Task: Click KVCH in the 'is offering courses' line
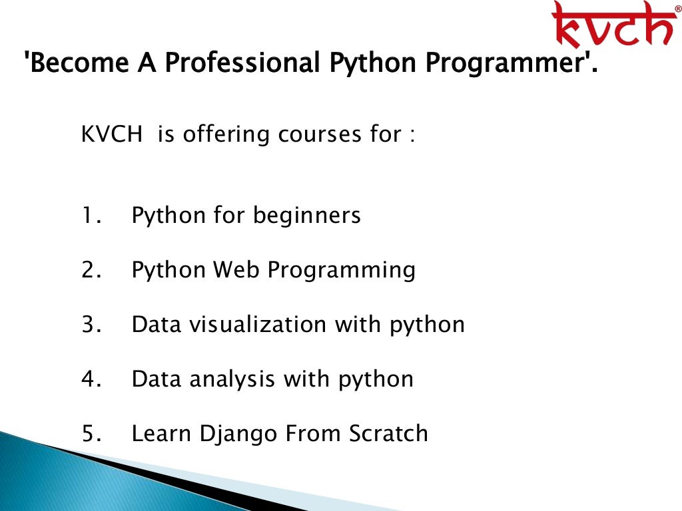point(111,134)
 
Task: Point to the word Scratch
point(388,434)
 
